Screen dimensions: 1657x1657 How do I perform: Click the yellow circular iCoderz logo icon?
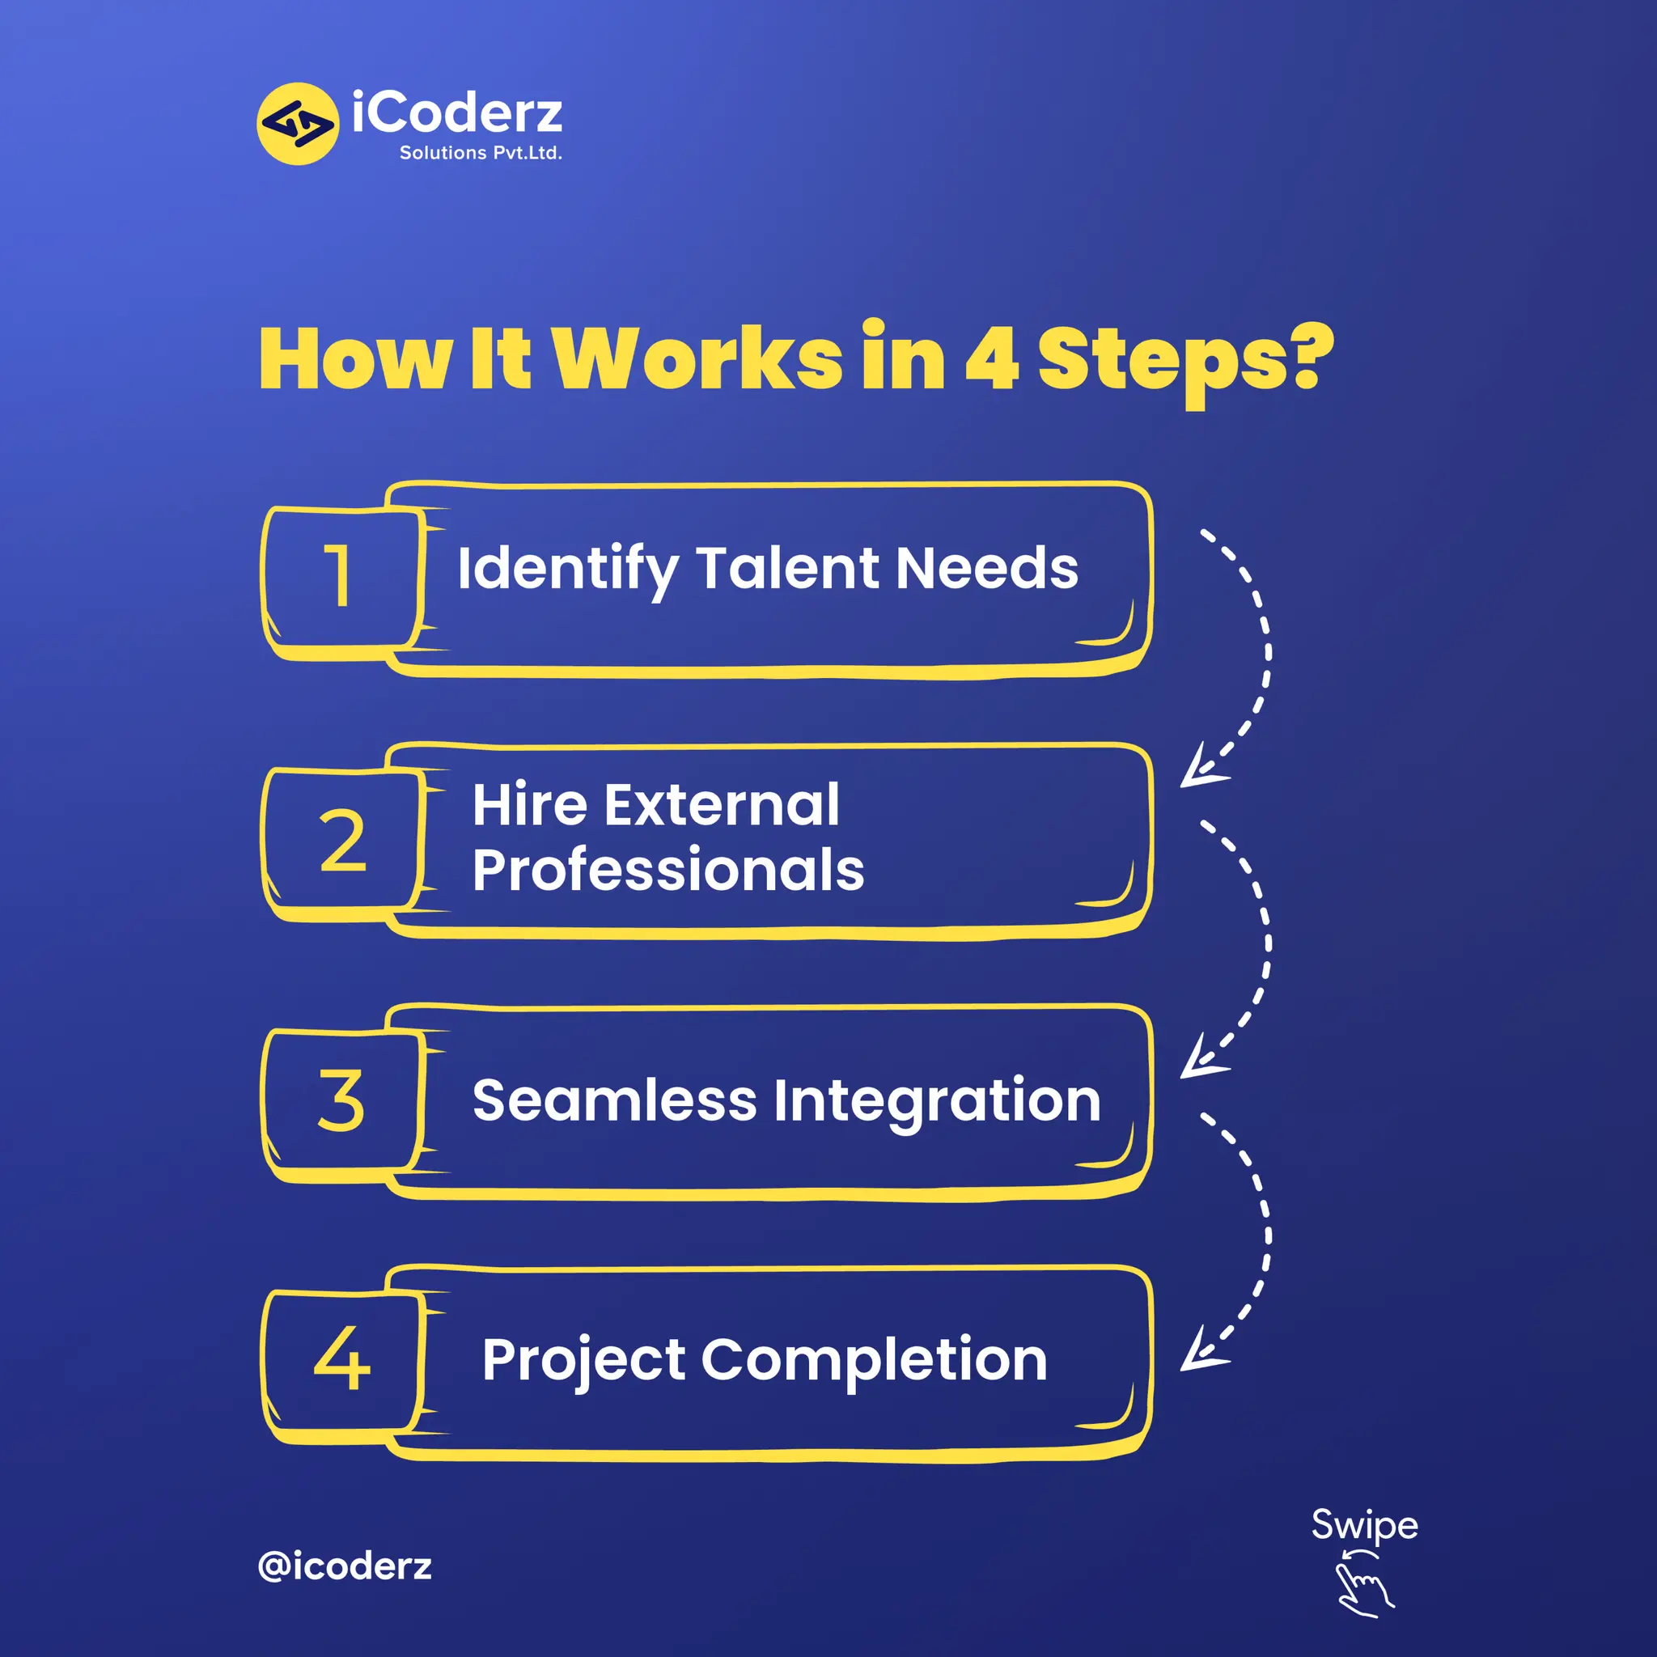pos(298,124)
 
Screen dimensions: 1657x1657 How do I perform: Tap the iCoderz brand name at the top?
pos(457,112)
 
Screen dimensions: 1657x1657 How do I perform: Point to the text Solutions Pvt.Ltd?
pos(481,153)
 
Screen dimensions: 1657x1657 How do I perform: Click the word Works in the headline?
pos(697,358)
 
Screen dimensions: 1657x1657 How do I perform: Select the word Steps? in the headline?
pos(1184,360)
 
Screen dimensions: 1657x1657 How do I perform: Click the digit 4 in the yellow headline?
pos(992,358)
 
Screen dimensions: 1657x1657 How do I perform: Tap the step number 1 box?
pos(342,576)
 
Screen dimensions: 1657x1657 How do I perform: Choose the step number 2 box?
pos(342,840)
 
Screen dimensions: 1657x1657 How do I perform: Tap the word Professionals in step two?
pos(668,870)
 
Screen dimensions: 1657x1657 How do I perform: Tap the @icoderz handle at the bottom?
pos(345,1566)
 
